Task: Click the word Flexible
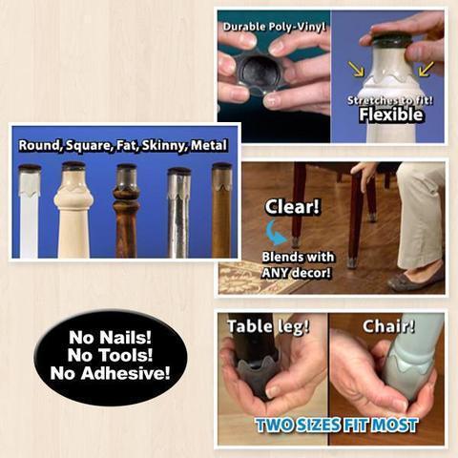point(391,114)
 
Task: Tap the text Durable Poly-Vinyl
point(274,27)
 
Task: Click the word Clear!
point(292,207)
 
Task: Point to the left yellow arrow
point(356,69)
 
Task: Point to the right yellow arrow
point(426,69)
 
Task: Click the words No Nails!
point(110,337)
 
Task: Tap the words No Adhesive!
point(110,373)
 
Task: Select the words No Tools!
point(110,355)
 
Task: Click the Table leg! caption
point(268,326)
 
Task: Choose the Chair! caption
point(388,326)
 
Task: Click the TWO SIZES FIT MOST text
point(337,426)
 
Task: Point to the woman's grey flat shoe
point(415,278)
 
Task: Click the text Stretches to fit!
point(390,100)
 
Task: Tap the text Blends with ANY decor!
point(298,265)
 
